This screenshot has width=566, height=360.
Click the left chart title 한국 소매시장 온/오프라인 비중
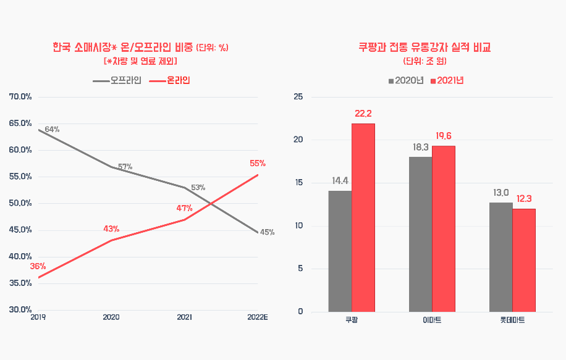[x=123, y=48]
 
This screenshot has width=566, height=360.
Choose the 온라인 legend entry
[x=170, y=81]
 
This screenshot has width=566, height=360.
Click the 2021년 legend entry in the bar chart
[x=447, y=81]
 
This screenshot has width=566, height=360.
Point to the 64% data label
[x=52, y=130]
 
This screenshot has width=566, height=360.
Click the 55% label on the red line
[x=258, y=164]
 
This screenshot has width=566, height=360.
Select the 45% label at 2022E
[x=267, y=233]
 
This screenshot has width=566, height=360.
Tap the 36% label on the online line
[x=38, y=267]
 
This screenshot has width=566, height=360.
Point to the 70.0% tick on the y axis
[x=20, y=97]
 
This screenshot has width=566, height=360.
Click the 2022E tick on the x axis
[x=257, y=317]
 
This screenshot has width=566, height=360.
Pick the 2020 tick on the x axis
[x=111, y=317]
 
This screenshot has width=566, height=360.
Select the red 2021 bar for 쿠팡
[x=363, y=217]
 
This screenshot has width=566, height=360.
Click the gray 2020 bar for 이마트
[x=420, y=234]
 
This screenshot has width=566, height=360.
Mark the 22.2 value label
[x=363, y=114]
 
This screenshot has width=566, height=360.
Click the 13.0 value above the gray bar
[x=501, y=193]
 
